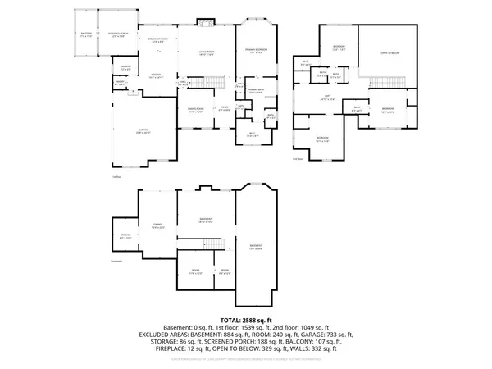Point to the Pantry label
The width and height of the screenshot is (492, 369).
pyautogui.click(x=120, y=83)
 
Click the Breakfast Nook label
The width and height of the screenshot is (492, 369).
pyautogui.click(x=157, y=40)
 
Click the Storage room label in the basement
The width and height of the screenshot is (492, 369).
pyautogui.click(x=125, y=237)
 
